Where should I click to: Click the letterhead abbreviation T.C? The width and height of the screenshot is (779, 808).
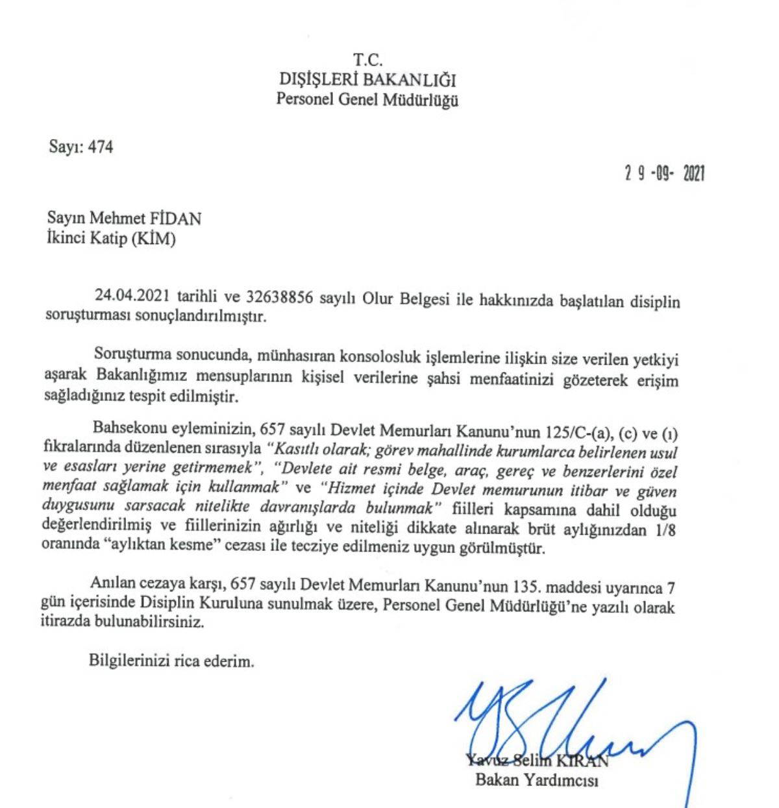tap(367, 60)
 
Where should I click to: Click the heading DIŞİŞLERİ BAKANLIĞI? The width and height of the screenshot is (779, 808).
tap(367, 80)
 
